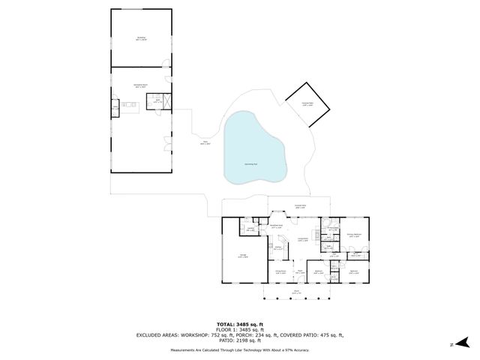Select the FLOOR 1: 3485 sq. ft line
240,330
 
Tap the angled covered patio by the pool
308,104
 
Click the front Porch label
296,292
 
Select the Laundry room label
250,230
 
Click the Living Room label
303,240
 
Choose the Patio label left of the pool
204,142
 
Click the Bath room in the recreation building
157,101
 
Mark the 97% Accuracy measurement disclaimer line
240,349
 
